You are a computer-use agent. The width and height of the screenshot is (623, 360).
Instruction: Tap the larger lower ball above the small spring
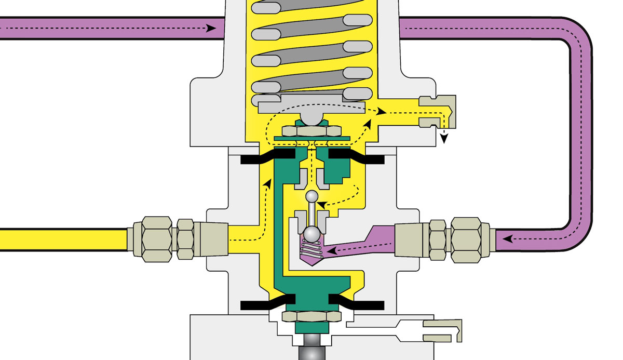point(311,235)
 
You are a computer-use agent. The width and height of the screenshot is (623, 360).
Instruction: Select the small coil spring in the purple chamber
point(311,251)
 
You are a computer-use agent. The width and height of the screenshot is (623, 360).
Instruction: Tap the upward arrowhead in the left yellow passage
point(267,183)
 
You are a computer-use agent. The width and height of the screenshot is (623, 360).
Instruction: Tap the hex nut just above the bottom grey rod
point(311,316)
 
